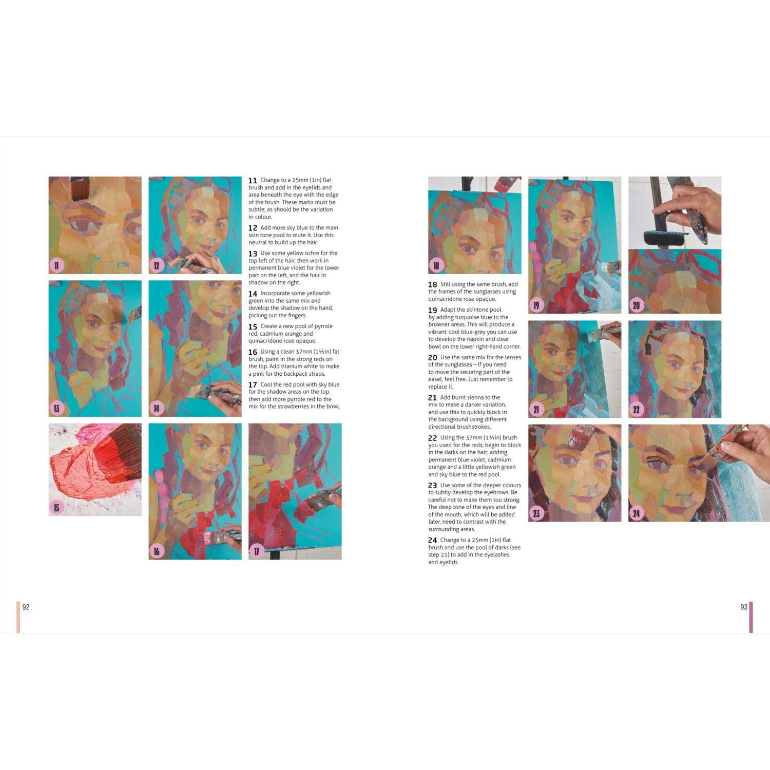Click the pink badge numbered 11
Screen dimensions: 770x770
56,265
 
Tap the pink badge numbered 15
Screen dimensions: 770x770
56,508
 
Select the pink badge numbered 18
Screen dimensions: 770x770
436,265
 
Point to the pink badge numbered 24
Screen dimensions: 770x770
637,513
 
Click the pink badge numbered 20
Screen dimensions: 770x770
637,305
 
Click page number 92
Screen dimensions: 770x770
26,607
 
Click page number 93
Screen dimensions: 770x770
743,607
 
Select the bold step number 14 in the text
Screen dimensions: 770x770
253,294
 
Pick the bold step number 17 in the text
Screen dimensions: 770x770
253,385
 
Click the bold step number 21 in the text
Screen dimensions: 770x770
432,398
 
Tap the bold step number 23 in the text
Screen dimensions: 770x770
432,486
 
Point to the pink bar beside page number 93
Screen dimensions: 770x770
751,617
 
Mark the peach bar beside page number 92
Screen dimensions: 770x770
18,617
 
